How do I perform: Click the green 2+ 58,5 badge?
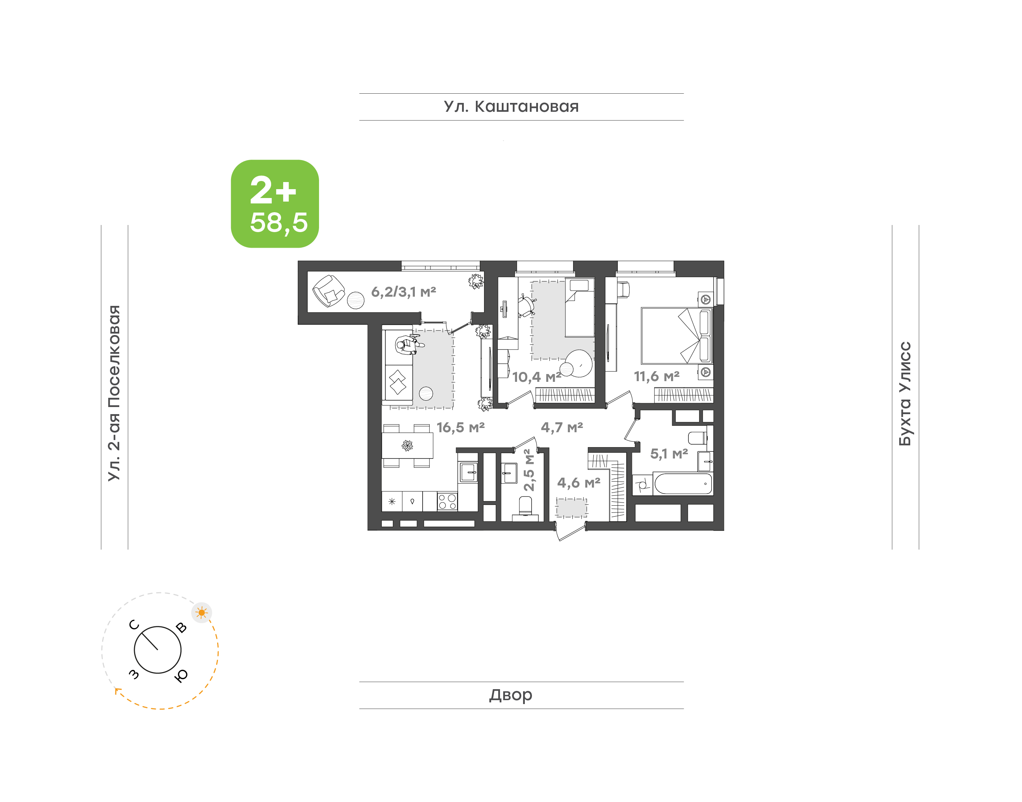coord(275,204)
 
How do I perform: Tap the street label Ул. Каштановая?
coord(511,106)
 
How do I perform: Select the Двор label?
coord(511,694)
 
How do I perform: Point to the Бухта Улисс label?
coord(905,394)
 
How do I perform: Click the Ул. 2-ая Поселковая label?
coord(114,393)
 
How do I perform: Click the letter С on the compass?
coord(134,625)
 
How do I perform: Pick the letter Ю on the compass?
coord(181,675)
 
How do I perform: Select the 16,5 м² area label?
coord(461,427)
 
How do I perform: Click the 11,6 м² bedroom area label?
coord(657,376)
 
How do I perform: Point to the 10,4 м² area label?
coord(537,377)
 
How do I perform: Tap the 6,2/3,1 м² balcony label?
coord(404,292)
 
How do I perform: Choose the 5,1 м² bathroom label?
coord(669,454)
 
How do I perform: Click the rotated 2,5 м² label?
coord(529,471)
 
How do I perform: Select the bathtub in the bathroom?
coord(683,484)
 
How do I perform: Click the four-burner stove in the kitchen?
coord(447,501)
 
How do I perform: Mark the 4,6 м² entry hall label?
coord(579,482)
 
